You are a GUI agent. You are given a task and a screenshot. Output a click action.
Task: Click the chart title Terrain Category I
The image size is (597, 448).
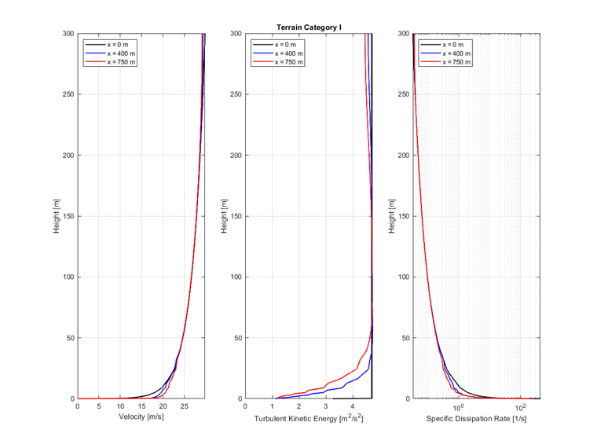(x=309, y=28)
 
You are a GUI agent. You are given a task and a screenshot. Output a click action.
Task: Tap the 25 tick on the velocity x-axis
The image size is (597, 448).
(x=184, y=407)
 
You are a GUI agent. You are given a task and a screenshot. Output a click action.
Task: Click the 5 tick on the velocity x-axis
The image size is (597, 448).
(x=99, y=407)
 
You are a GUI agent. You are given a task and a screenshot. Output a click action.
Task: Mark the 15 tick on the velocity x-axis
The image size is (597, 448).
(x=141, y=407)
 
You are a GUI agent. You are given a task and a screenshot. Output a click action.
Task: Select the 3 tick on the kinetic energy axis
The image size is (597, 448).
(x=326, y=407)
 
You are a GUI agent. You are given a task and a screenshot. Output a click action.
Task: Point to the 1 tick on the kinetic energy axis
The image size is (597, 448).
(x=273, y=407)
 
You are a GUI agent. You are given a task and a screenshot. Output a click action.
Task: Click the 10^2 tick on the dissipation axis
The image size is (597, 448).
(x=520, y=407)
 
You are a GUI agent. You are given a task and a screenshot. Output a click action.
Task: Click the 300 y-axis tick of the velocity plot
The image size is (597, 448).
(x=68, y=34)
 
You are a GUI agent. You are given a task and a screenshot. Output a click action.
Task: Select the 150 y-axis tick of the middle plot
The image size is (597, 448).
(x=236, y=216)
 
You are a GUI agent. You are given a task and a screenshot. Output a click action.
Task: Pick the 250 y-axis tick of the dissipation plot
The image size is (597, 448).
(x=404, y=94)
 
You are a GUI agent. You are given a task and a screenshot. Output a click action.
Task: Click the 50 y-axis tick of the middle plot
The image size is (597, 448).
(x=238, y=338)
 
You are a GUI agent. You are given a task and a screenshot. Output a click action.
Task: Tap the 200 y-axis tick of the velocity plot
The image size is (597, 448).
(x=68, y=156)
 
